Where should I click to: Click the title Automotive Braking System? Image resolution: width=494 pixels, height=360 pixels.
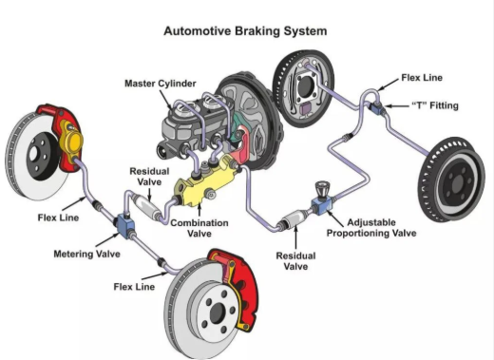click(x=245, y=31)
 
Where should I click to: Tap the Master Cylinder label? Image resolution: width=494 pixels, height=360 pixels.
click(x=161, y=84)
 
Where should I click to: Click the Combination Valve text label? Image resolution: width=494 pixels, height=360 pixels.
click(x=199, y=228)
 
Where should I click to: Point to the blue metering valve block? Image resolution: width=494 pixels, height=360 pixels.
click(x=125, y=225)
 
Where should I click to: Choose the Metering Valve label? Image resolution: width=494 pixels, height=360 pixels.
click(x=86, y=254)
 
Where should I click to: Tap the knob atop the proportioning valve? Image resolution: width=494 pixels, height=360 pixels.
click(x=322, y=189)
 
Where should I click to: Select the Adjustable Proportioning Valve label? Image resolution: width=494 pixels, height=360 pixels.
click(x=371, y=228)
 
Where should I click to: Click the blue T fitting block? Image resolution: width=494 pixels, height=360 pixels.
click(x=378, y=107)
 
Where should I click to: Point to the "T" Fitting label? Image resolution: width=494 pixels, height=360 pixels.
click(x=435, y=105)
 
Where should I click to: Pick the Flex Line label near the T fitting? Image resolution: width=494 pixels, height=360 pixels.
click(x=422, y=78)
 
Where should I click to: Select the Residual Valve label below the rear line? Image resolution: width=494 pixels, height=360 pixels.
click(x=295, y=261)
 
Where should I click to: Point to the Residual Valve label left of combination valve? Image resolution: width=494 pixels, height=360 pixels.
click(x=149, y=177)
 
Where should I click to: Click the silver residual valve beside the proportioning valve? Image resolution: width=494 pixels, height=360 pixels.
click(x=295, y=218)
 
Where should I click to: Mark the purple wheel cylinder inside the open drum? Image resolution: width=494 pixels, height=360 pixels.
click(x=306, y=108)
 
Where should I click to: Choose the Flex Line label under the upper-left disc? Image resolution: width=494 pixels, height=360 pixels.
click(x=58, y=218)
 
